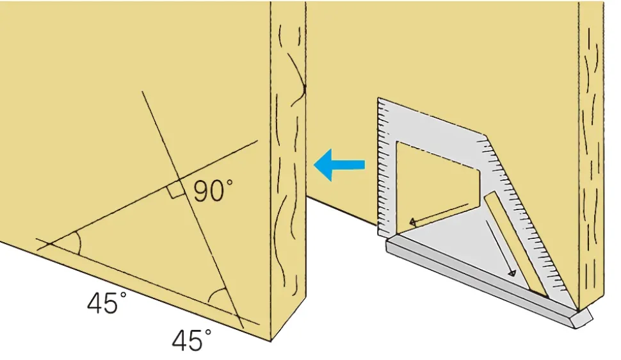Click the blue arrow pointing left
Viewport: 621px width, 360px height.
pyautogui.click(x=339, y=165)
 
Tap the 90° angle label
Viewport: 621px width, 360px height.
pyautogui.click(x=213, y=190)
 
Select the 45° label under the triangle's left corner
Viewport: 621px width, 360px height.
pyautogui.click(x=107, y=303)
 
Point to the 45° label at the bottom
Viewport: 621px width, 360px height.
pyautogui.click(x=191, y=340)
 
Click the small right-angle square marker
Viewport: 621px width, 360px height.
pyautogui.click(x=175, y=191)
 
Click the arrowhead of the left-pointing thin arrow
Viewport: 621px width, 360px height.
pyautogui.click(x=413, y=222)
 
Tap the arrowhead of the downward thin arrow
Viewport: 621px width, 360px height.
pyautogui.click(x=512, y=273)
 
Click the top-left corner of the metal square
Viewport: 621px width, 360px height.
pyautogui.click(x=378, y=98)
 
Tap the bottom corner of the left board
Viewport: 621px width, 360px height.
pyautogui.click(x=271, y=341)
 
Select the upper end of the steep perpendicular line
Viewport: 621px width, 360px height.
pyautogui.click(x=142, y=92)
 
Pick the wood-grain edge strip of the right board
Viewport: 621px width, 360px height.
pyautogui.click(x=591, y=154)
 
